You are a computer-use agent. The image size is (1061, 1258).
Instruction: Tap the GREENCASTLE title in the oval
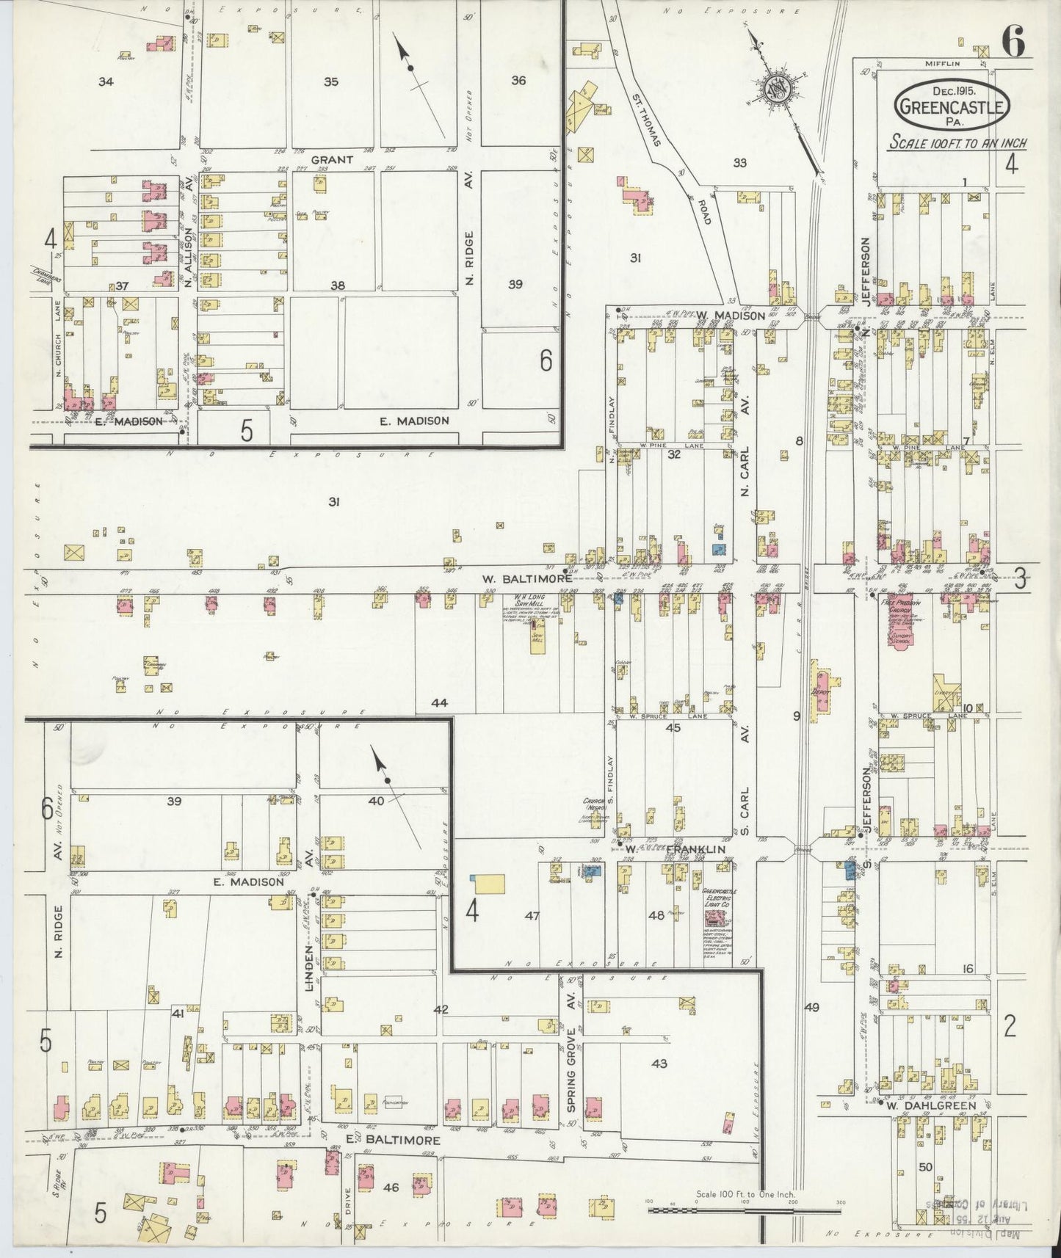click(x=952, y=108)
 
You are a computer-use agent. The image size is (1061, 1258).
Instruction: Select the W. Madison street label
click(x=730, y=316)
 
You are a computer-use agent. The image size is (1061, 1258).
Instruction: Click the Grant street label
click(x=331, y=159)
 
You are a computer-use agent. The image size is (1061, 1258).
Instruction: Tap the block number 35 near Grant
click(x=331, y=81)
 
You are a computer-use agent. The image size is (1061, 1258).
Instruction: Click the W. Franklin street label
click(x=674, y=849)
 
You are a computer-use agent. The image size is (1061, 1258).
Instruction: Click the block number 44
click(x=439, y=702)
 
